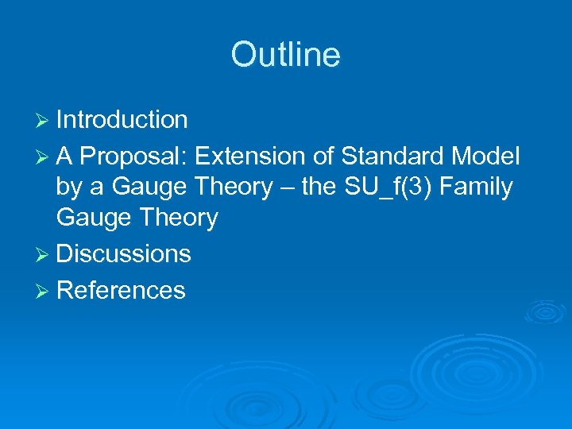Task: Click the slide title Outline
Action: [285, 55]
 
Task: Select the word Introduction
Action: [122, 120]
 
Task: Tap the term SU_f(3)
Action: [377, 187]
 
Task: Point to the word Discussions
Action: [124, 253]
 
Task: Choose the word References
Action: [121, 291]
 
